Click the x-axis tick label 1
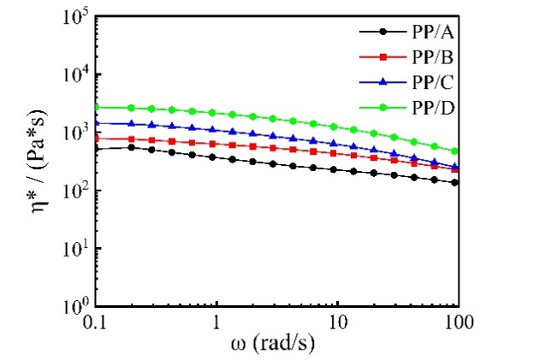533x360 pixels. pos(217,323)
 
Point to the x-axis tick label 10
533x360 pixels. pos(338,323)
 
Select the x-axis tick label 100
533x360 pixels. pos(458,323)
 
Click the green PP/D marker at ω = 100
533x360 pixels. pos(456,151)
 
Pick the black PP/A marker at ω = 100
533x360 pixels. pos(456,182)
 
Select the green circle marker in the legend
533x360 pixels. pos(383,107)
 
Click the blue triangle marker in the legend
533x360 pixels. pos(383,82)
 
